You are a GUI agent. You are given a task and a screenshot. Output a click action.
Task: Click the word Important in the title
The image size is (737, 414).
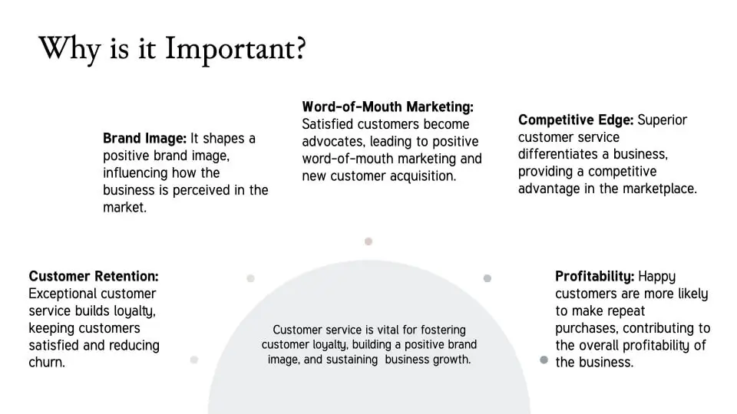(x=236, y=49)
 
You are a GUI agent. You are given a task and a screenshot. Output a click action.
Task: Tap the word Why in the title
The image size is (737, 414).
(x=70, y=49)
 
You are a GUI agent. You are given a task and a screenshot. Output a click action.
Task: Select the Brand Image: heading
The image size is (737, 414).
(x=145, y=139)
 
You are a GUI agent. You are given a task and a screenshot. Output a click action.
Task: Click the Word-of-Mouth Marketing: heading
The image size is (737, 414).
(x=388, y=107)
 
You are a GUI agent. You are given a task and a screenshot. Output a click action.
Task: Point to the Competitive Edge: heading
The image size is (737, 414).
(x=577, y=120)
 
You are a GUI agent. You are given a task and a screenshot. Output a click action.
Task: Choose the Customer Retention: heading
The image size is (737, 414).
(x=94, y=276)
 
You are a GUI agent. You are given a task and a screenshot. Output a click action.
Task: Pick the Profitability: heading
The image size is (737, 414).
(x=594, y=276)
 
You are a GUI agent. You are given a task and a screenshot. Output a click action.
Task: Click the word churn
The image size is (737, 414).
(x=47, y=363)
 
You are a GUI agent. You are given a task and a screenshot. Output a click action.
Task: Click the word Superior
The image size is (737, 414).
(x=663, y=120)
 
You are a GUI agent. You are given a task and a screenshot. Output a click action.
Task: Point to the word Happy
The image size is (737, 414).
(x=656, y=277)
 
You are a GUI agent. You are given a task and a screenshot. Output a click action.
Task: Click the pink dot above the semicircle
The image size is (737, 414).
(x=368, y=242)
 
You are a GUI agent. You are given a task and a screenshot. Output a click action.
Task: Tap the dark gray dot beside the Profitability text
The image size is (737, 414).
(x=544, y=360)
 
